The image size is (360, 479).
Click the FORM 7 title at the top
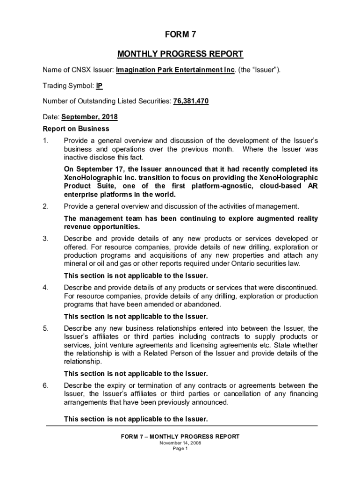pos(180,35)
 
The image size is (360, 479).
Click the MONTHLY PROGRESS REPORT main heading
pos(180,54)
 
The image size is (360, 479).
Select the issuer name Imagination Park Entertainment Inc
pos(175,70)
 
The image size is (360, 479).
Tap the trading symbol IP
pos(99,86)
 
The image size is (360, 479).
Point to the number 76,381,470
pos(191,102)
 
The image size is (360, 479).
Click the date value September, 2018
pos(89,117)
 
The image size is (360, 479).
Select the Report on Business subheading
pos(76,129)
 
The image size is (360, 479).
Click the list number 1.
pos(45,140)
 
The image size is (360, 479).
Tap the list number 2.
pos(45,206)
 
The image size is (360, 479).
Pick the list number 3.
pos(45,239)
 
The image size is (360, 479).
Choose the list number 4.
pos(45,287)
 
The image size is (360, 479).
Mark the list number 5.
pos(45,328)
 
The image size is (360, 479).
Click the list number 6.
pos(45,385)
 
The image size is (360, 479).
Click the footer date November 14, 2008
pos(180,443)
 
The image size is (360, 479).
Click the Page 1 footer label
pos(180,449)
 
